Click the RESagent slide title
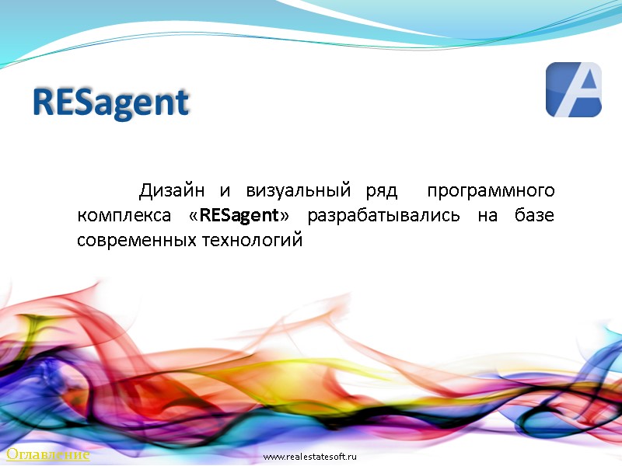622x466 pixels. [x=111, y=103]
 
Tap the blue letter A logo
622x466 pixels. [x=573, y=90]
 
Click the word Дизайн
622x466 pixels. [x=172, y=190]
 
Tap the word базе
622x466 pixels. [x=534, y=215]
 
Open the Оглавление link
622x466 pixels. [x=47, y=454]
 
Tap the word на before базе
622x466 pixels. [x=487, y=216]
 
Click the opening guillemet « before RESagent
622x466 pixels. [x=194, y=216]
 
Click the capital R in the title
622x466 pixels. [x=44, y=102]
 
